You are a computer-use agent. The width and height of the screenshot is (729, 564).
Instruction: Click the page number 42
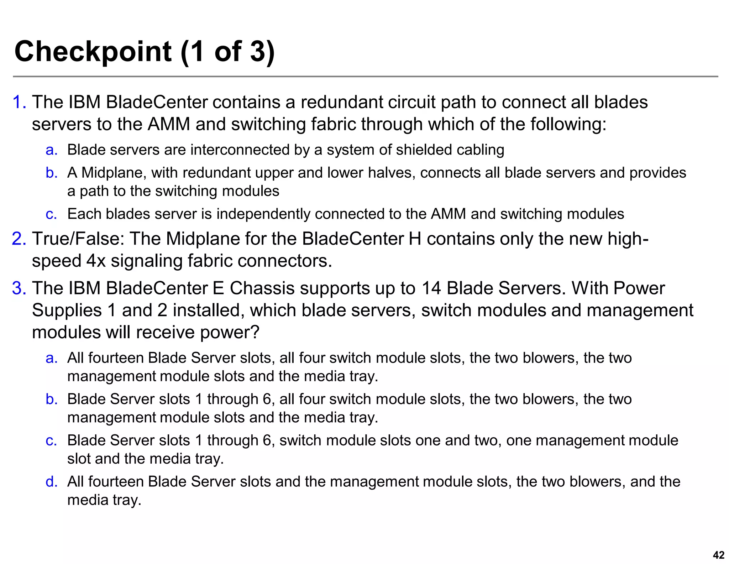coord(719,555)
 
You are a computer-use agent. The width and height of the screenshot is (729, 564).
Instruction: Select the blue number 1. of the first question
coord(19,102)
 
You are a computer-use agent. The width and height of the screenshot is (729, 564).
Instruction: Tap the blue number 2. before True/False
coord(19,239)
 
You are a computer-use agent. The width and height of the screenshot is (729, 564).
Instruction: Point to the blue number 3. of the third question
coord(19,288)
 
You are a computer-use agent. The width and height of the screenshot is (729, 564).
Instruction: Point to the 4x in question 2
coord(96,261)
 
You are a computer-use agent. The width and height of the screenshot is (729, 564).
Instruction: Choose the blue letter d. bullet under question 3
coord(51,482)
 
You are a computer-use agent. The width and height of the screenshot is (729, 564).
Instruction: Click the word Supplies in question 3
coord(67,310)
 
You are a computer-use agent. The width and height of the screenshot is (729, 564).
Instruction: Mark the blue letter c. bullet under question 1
coord(51,214)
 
